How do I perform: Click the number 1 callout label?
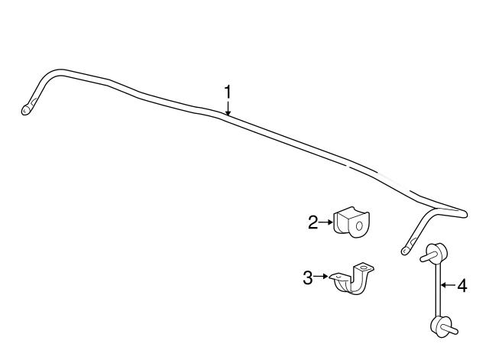[x=228, y=92]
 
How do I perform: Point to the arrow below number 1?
[x=228, y=109]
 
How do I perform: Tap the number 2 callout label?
[x=313, y=222]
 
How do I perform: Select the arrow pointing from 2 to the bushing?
[x=326, y=222]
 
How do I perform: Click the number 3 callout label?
[x=308, y=277]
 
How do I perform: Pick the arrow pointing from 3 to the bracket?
[x=321, y=276]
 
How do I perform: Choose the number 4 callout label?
[x=462, y=285]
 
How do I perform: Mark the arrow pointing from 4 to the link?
[x=448, y=284]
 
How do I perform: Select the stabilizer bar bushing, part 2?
[x=351, y=222]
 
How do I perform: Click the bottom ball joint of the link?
[x=440, y=326]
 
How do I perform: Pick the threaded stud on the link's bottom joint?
[x=450, y=329]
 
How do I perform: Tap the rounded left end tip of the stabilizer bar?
[x=25, y=110]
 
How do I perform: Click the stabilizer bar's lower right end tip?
[x=405, y=251]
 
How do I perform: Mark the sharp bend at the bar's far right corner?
[x=462, y=214]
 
